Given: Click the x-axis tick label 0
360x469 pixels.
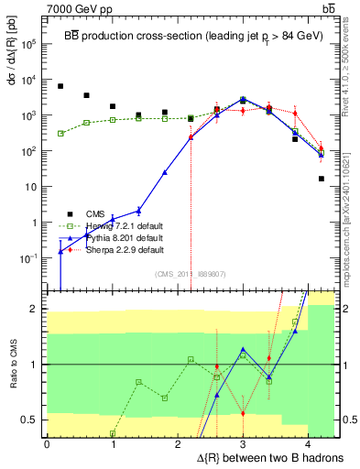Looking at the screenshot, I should coord(47,443).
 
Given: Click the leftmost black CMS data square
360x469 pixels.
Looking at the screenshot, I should coord(60,86).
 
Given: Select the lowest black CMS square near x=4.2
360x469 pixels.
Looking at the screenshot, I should coord(322,179).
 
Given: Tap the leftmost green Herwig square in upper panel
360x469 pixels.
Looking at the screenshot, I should coord(60,133).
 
